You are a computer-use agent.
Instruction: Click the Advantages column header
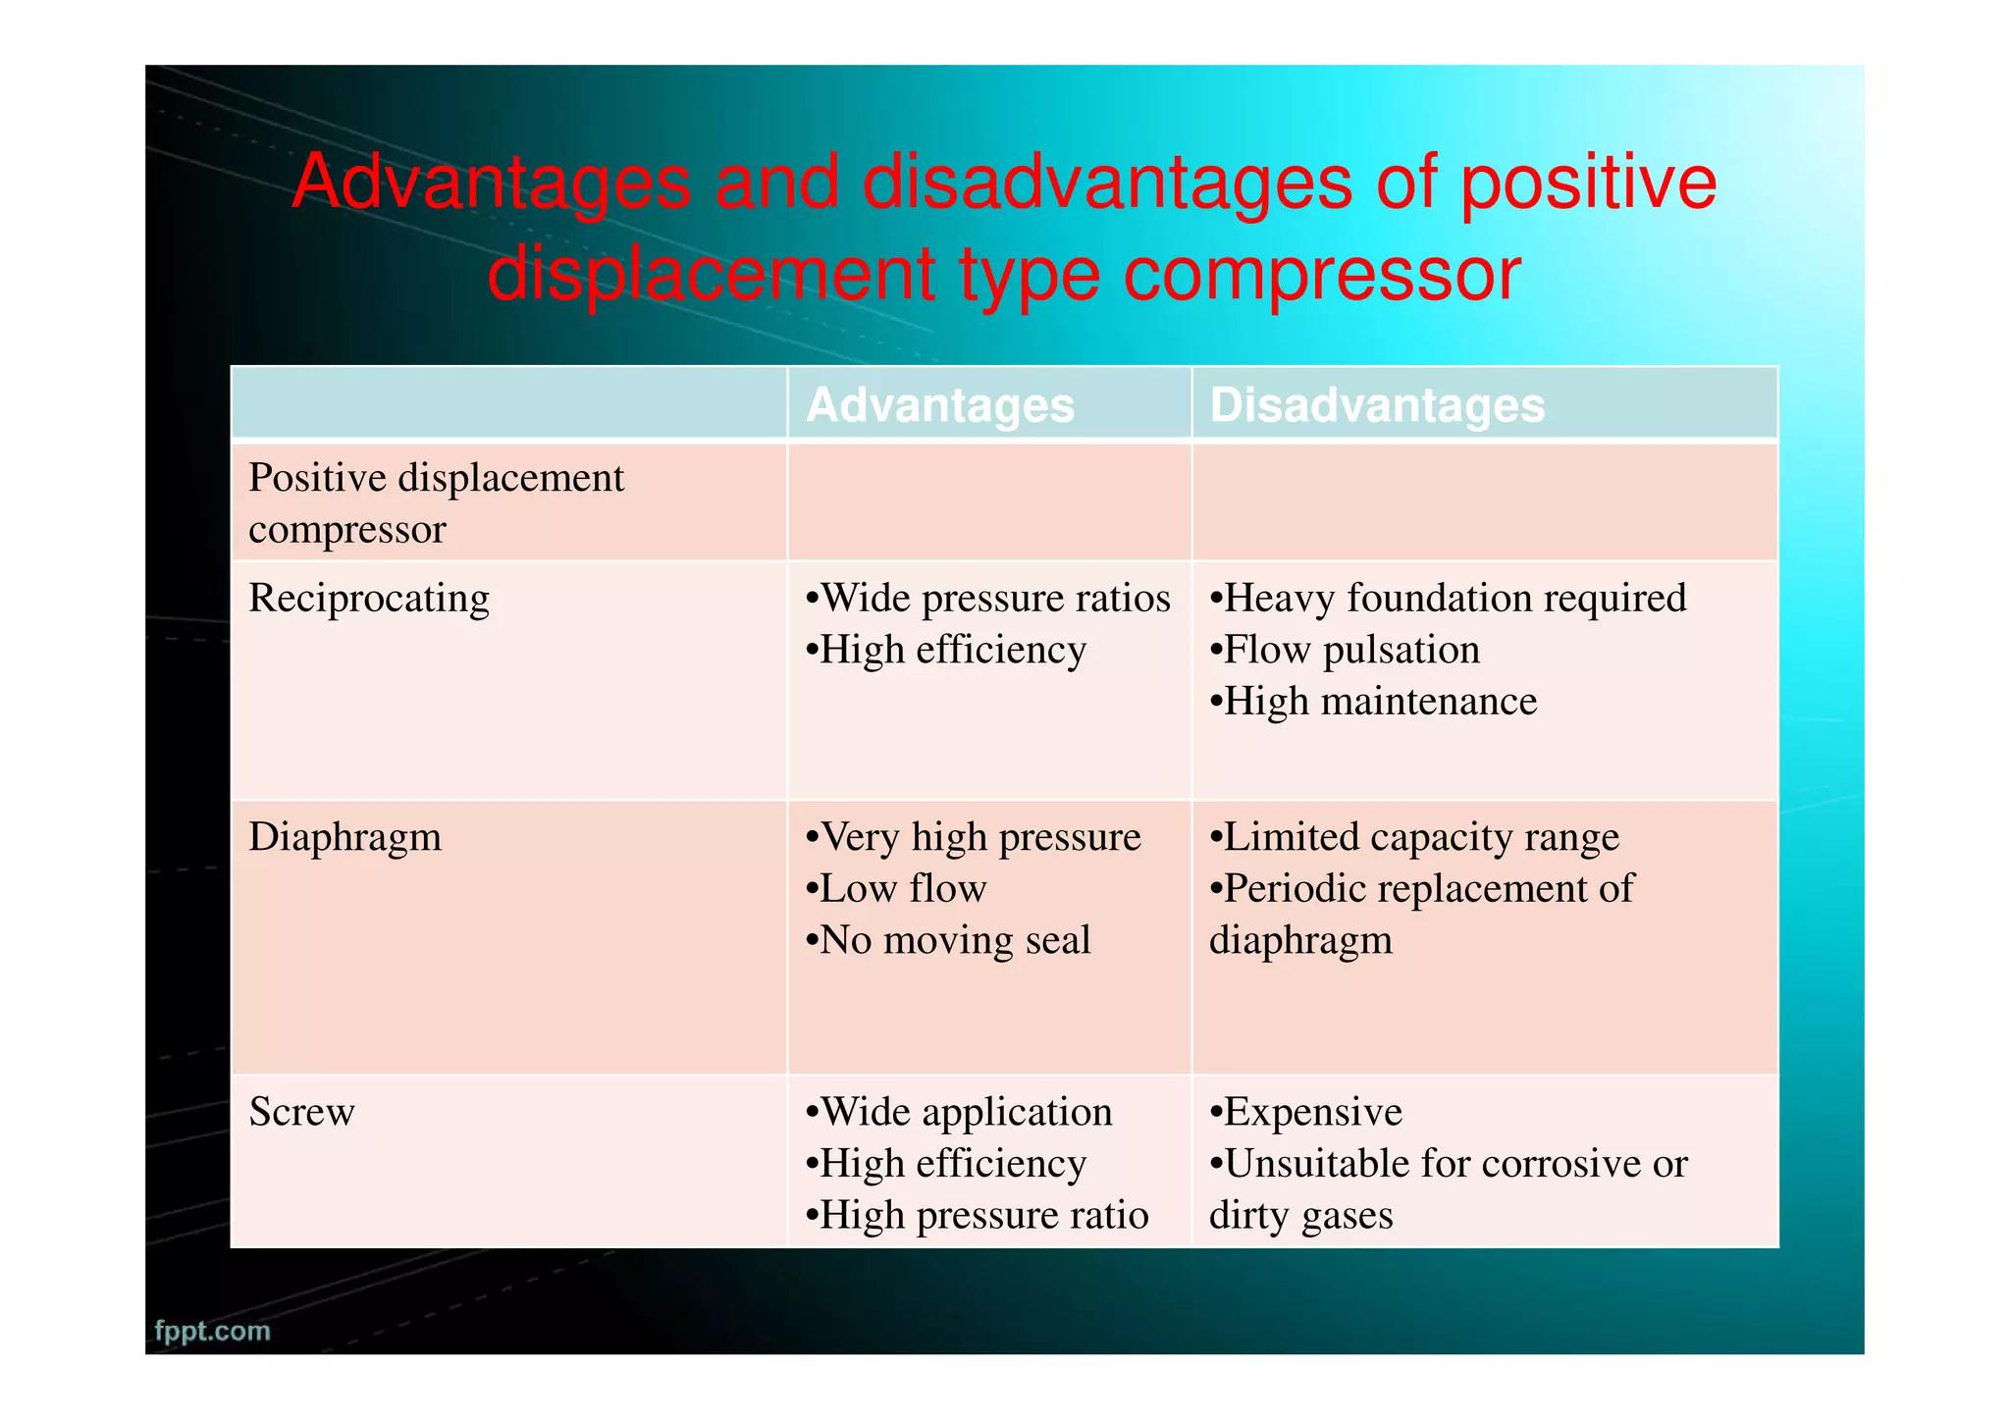[x=939, y=405]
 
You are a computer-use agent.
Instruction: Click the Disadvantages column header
[x=1376, y=405]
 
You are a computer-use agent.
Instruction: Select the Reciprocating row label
[x=368, y=599]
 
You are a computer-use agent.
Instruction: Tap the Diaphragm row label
[x=344, y=837]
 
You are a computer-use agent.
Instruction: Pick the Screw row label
[x=301, y=1112]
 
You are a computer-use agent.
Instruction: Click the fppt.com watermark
[x=212, y=1331]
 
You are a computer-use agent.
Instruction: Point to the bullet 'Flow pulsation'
[x=1345, y=651]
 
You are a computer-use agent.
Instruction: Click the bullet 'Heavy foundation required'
[x=1448, y=599]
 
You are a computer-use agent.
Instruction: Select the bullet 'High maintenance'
[x=1373, y=702]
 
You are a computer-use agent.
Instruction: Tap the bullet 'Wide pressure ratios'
[x=987, y=599]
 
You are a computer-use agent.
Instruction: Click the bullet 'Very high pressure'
[x=973, y=837]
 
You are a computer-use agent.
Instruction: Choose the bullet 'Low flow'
[x=895, y=889]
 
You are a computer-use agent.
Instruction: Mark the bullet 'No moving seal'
[x=947, y=940]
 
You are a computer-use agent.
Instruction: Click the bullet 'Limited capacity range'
[x=1414, y=837]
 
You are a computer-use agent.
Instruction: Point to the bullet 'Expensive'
[x=1305, y=1112]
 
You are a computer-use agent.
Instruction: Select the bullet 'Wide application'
[x=958, y=1112]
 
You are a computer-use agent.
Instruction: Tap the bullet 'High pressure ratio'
[x=977, y=1215]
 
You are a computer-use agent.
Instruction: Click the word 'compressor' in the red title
[x=1321, y=275]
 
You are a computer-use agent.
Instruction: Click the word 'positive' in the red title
[x=1588, y=183]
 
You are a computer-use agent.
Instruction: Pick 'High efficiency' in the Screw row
[x=945, y=1164]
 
